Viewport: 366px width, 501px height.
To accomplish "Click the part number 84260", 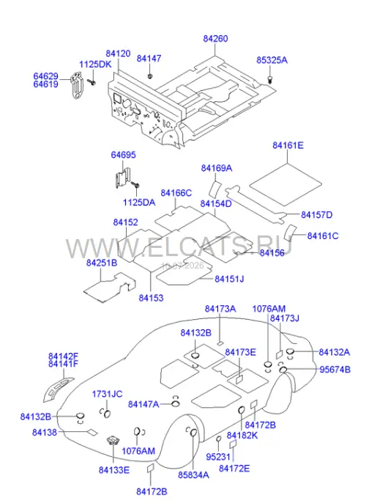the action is pyautogui.click(x=215, y=39).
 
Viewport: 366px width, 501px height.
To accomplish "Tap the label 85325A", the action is pyautogui.click(x=272, y=60).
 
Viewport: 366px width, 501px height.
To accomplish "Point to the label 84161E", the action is pyautogui.click(x=288, y=145).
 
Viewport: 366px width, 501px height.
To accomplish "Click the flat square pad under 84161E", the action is pyautogui.click(x=285, y=184).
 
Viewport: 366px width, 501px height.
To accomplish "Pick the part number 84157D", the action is pyautogui.click(x=316, y=215).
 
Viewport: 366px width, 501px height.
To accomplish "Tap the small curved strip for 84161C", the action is pyautogui.click(x=290, y=233).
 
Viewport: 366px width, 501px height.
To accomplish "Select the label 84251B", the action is pyautogui.click(x=102, y=263).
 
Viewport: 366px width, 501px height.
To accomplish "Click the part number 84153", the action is pyautogui.click(x=151, y=298).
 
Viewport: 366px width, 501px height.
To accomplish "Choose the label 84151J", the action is pyautogui.click(x=229, y=279).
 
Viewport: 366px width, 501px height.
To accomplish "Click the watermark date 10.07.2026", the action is pyautogui.click(x=183, y=266).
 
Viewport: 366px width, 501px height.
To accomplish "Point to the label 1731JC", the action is pyautogui.click(x=107, y=394).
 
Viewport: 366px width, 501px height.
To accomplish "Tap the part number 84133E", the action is pyautogui.click(x=114, y=470).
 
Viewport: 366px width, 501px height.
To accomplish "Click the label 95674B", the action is pyautogui.click(x=335, y=370).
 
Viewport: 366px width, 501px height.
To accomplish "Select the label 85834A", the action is pyautogui.click(x=193, y=475).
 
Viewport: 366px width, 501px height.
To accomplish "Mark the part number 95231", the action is pyautogui.click(x=218, y=457).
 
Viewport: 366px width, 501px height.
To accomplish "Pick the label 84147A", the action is pyautogui.click(x=143, y=404).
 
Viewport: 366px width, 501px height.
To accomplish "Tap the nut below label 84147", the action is pyautogui.click(x=150, y=76).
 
